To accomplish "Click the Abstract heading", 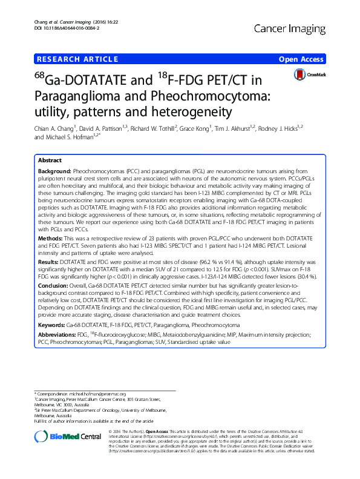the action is (50, 161).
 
